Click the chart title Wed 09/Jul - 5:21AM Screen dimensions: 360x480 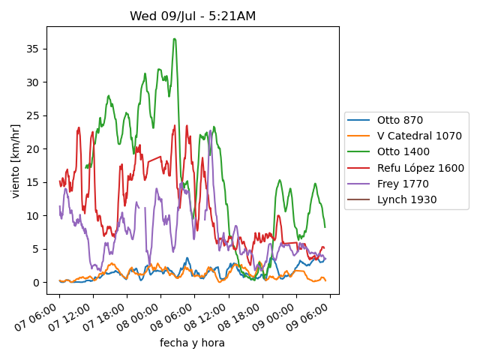point(192,16)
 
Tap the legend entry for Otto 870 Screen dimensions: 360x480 point(400,120)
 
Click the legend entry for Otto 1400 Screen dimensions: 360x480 point(403,152)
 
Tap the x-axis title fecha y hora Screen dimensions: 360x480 point(192,343)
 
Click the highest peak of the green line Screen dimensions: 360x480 point(175,38)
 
